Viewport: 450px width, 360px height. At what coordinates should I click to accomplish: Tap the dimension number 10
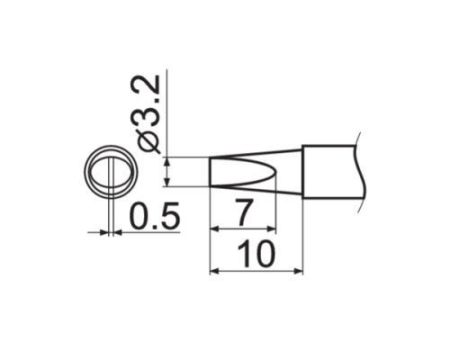coord(256,256)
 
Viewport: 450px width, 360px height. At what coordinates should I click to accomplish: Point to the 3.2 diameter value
coord(149,101)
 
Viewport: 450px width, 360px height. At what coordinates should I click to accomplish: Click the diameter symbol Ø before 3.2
coord(149,139)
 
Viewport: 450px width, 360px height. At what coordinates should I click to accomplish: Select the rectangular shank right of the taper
coord(330,171)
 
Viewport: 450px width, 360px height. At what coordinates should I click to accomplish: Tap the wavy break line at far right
coord(363,171)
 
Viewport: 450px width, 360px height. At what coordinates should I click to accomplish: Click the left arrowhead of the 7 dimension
coord(213,229)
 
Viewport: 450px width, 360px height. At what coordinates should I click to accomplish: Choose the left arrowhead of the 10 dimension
coord(213,269)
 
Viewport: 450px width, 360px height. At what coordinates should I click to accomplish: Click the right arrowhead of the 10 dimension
coord(300,269)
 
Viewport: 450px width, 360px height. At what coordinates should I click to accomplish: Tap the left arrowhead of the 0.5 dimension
coord(103,233)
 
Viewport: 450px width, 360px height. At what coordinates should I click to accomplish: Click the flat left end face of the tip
coord(210,171)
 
